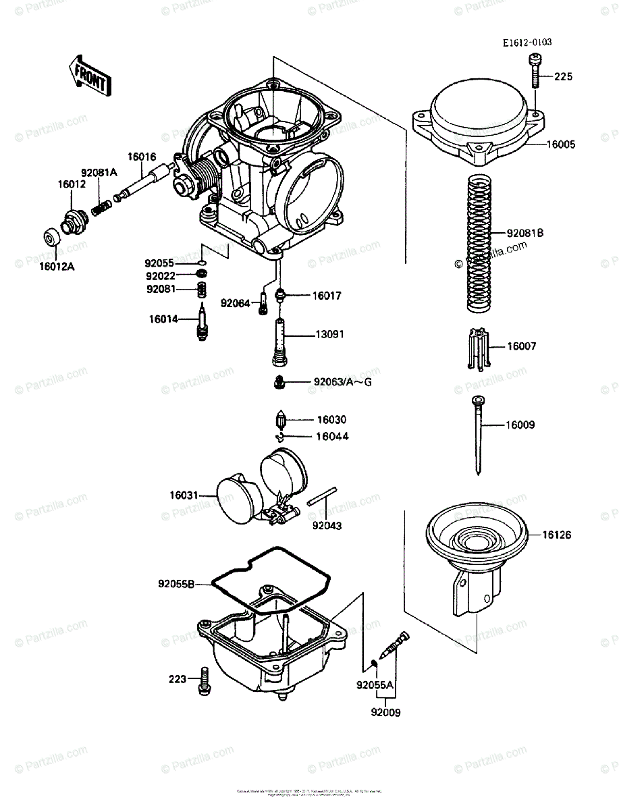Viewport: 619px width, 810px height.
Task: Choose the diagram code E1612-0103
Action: [x=527, y=43]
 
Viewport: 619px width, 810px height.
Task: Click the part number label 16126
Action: [x=556, y=535]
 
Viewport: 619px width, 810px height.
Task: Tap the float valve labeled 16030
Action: [x=282, y=423]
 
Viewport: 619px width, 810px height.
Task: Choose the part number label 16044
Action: [x=332, y=437]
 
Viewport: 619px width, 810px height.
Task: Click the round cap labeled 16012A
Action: [x=51, y=238]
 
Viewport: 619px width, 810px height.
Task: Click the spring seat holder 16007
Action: [x=478, y=349]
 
